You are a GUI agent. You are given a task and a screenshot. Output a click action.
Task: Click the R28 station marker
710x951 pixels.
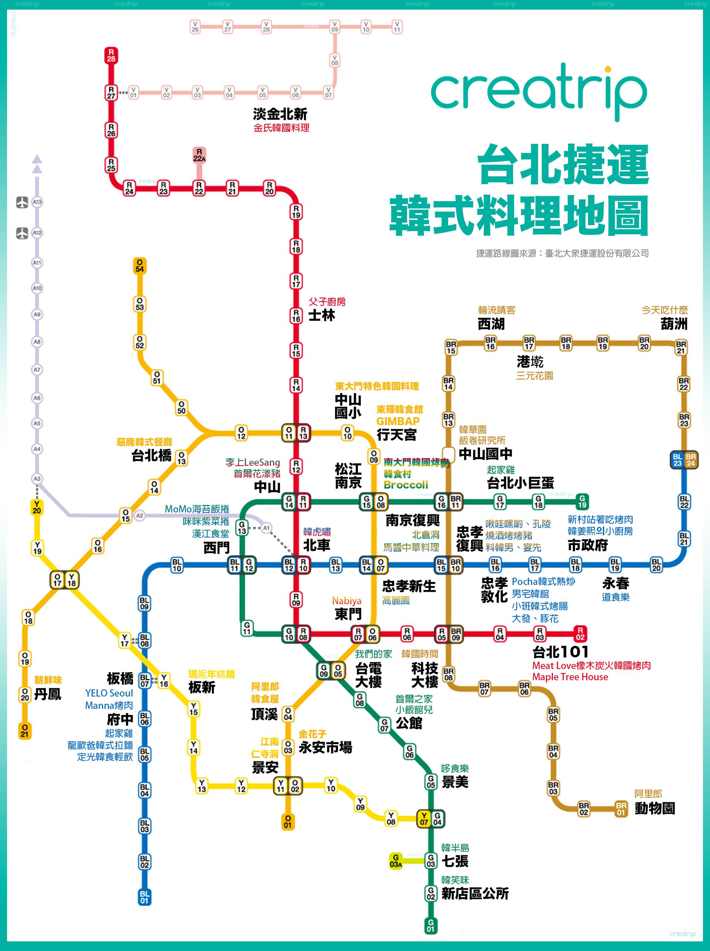coord(111,55)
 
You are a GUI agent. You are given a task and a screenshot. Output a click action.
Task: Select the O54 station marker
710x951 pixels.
coord(140,265)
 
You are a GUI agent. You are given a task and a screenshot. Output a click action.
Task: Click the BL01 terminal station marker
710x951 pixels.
coord(145,897)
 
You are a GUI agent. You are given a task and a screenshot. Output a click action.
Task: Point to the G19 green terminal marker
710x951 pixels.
coord(582,501)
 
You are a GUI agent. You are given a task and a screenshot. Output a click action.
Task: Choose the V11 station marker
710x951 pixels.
coord(397,27)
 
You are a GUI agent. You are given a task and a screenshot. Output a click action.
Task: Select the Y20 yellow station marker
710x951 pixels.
coord(37,507)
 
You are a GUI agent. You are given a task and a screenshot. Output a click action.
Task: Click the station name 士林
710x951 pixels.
coord(321,315)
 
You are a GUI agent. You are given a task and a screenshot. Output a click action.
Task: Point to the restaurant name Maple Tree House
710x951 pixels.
coord(570,677)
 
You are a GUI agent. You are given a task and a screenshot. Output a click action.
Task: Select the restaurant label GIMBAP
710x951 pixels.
coord(398,421)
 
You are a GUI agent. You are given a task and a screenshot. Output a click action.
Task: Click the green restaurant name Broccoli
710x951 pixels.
coord(406,485)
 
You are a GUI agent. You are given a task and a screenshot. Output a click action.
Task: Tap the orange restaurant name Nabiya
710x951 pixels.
coord(346,601)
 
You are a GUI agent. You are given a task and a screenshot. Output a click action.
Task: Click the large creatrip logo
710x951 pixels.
coord(538,92)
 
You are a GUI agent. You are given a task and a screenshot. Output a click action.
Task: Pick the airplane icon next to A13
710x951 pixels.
coord(22,202)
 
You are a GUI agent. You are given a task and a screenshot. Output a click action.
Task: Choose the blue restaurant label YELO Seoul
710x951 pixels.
coord(109,693)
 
